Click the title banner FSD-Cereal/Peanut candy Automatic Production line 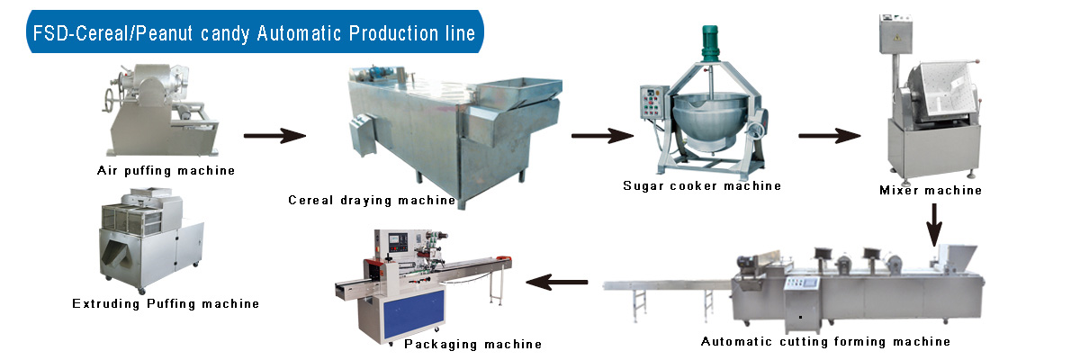coord(253,34)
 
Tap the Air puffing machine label coord(166,170)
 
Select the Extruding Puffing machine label coord(166,304)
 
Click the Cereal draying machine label coord(372,200)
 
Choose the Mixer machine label coord(931,191)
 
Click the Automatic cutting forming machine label coord(825,342)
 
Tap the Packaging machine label coord(472,344)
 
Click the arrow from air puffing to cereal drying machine coord(274,137)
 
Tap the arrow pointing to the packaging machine coord(557,283)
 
